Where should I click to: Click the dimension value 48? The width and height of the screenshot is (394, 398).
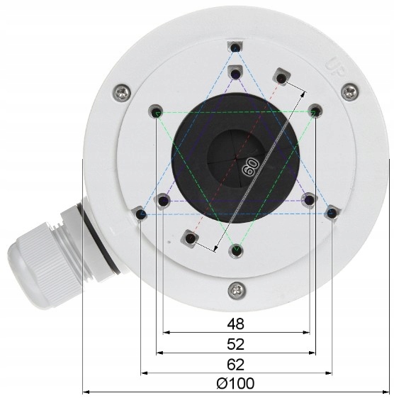point(235,324)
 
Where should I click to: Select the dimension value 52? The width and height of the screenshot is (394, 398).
point(235,345)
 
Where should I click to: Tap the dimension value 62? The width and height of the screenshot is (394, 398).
point(235,365)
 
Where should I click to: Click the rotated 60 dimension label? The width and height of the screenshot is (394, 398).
point(249,167)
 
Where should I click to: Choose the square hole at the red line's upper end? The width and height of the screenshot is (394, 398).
point(282,76)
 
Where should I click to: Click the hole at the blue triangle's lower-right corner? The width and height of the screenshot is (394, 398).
point(331,212)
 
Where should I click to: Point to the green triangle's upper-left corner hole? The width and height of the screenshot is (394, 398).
point(157,111)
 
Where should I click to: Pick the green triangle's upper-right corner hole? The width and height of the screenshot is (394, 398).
point(315,111)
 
